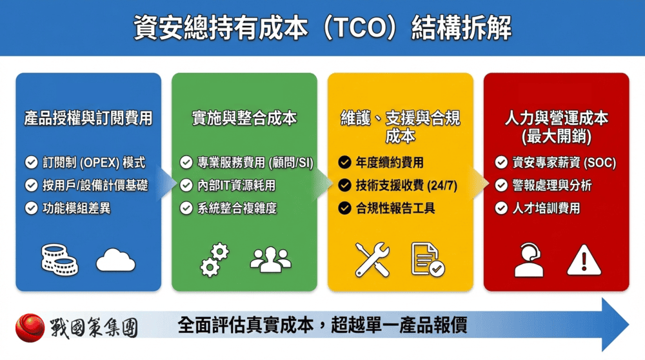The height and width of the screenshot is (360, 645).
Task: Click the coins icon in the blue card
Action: [59, 260]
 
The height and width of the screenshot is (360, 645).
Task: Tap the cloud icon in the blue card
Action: [115, 261]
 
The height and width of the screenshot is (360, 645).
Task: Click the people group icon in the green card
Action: [270, 259]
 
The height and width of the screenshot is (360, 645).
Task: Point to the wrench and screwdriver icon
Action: [372, 259]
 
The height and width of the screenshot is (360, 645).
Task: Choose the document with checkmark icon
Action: [427, 259]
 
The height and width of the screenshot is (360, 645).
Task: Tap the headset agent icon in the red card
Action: [529, 260]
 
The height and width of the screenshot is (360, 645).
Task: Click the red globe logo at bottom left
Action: [30, 328]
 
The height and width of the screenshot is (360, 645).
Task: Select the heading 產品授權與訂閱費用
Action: [88, 118]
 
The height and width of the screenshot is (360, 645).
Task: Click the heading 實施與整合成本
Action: [244, 118]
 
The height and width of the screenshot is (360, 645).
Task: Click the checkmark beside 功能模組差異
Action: [31, 208]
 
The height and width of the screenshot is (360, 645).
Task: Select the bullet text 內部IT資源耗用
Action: [237, 185]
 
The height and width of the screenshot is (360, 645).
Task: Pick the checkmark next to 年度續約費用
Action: [344, 163]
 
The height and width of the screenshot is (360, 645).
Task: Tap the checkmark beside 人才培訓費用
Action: [501, 208]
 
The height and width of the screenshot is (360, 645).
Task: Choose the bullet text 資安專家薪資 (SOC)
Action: [564, 163]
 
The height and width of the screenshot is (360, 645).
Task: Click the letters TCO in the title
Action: [369, 28]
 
